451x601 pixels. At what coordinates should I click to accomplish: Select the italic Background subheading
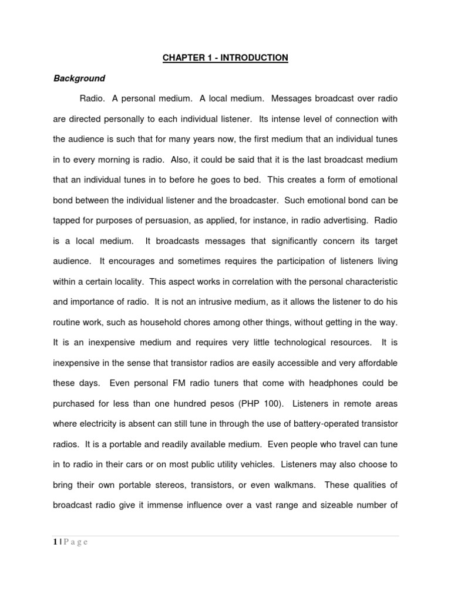tap(79, 78)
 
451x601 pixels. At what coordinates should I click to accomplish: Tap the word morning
tap(132, 160)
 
